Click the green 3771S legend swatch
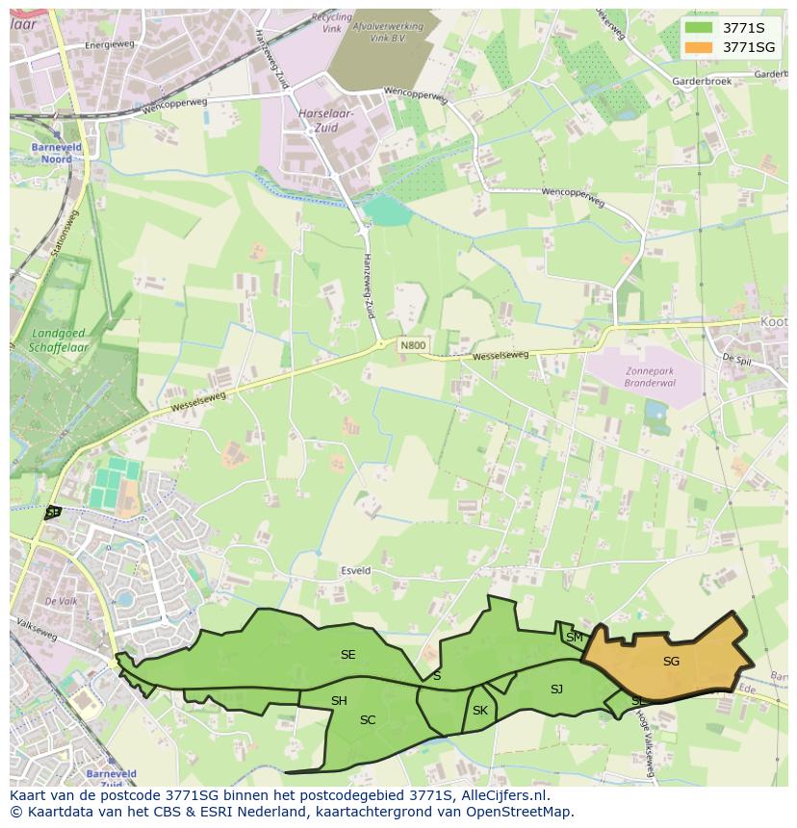tap(700, 28)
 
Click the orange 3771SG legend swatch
tap(700, 47)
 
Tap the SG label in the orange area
tap(671, 662)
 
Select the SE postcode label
tap(347, 655)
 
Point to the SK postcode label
tap(480, 711)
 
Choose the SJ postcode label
tap(556, 690)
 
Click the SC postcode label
tap(368, 720)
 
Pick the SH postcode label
tap(339, 701)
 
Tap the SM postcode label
tap(575, 638)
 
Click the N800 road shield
tap(413, 345)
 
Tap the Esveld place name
tap(355, 570)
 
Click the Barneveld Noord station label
tap(57, 154)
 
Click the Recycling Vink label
tap(332, 23)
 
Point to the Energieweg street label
tap(110, 45)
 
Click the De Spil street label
tap(736, 358)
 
